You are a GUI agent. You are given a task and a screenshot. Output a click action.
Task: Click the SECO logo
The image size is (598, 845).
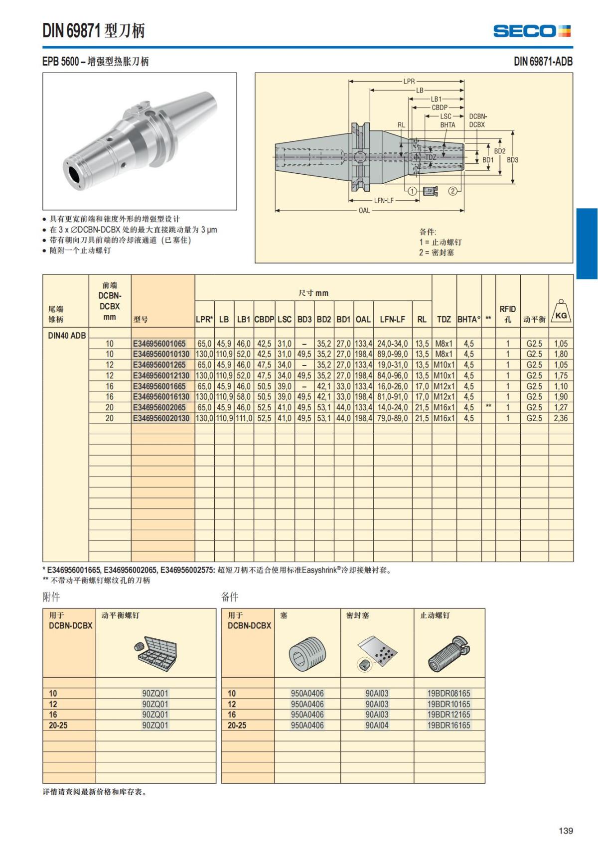click(x=532, y=31)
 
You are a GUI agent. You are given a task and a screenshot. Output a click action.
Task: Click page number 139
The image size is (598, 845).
click(x=566, y=831)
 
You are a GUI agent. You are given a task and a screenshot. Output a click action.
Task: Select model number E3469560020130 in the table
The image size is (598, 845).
click(x=161, y=418)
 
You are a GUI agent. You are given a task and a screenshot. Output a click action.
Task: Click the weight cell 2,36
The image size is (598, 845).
click(x=561, y=418)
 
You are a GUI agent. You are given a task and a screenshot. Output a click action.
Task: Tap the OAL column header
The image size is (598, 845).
click(x=363, y=319)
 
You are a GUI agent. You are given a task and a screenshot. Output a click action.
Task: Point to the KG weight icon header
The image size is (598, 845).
click(x=561, y=313)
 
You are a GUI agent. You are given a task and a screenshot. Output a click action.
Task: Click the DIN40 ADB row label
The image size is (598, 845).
click(x=67, y=335)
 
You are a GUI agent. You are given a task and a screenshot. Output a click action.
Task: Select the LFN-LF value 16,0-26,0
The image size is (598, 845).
click(x=392, y=386)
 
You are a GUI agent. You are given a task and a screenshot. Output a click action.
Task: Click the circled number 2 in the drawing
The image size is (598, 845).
click(x=452, y=191)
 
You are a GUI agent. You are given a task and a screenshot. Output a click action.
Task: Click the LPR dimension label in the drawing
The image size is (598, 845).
click(x=409, y=81)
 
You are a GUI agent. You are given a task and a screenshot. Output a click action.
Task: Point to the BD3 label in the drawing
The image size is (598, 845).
click(x=512, y=160)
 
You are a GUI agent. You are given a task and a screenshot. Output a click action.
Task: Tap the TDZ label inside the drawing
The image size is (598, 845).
click(x=431, y=157)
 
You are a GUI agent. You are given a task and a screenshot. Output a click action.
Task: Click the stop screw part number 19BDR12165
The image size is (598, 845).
click(x=448, y=715)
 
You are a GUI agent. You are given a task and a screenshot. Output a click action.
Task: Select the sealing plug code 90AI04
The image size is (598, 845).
click(x=377, y=725)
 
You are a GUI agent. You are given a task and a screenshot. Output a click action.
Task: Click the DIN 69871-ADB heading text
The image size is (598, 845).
click(x=543, y=61)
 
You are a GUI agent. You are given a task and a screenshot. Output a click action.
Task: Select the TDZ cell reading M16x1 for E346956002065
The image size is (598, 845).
click(x=444, y=407)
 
